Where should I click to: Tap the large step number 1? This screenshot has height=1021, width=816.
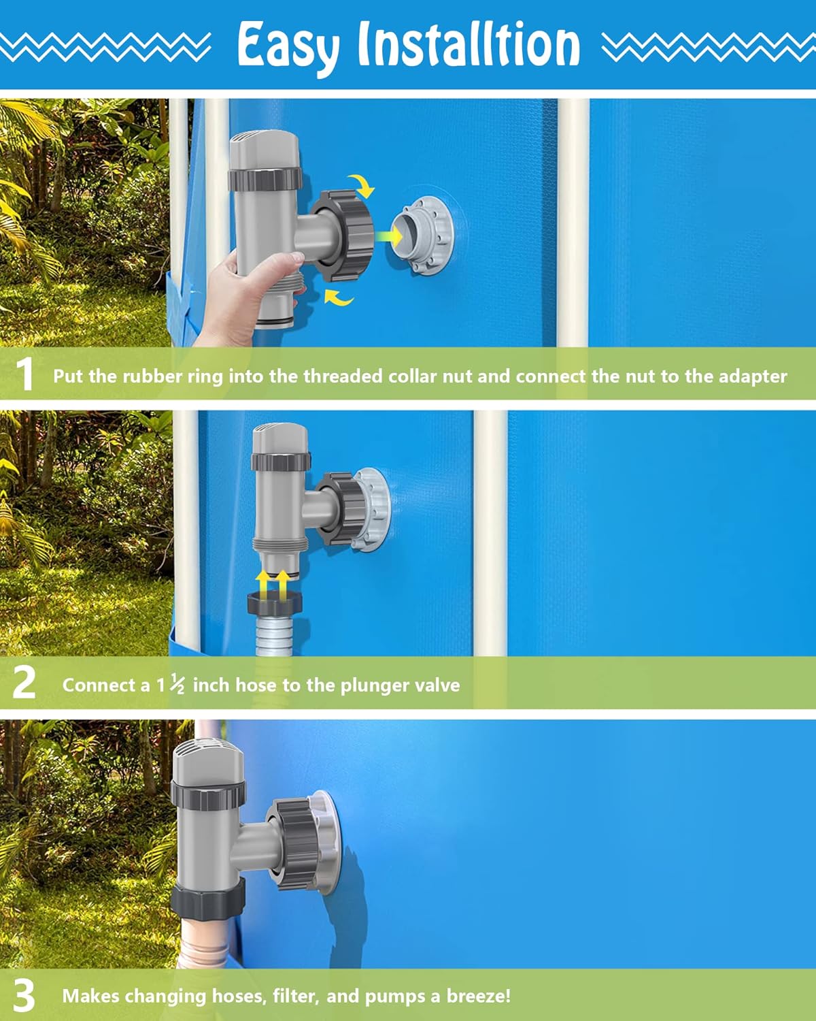tap(24, 374)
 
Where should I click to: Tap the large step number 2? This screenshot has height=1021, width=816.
tap(24, 683)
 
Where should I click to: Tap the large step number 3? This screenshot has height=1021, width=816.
tap(24, 995)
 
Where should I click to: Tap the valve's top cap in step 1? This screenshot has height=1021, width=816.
tap(265, 150)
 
